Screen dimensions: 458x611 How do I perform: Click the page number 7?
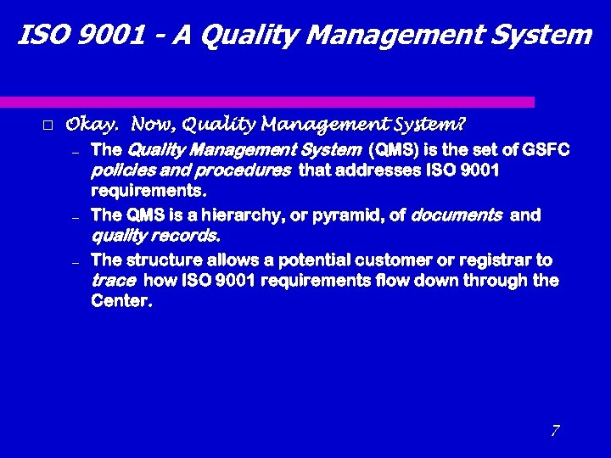pyautogui.click(x=555, y=431)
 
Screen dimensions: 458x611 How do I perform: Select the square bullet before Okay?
pyautogui.click(x=48, y=126)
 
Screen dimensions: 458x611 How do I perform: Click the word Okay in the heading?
pyautogui.click(x=92, y=126)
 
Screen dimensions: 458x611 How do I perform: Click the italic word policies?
pyautogui.click(x=118, y=171)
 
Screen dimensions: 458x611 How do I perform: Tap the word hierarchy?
pyautogui.click(x=246, y=215)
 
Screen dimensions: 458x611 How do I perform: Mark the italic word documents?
pyautogui.click(x=456, y=215)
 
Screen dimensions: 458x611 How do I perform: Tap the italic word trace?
pyautogui.click(x=113, y=281)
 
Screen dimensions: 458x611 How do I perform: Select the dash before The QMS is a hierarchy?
pyautogui.click(x=75, y=218)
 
